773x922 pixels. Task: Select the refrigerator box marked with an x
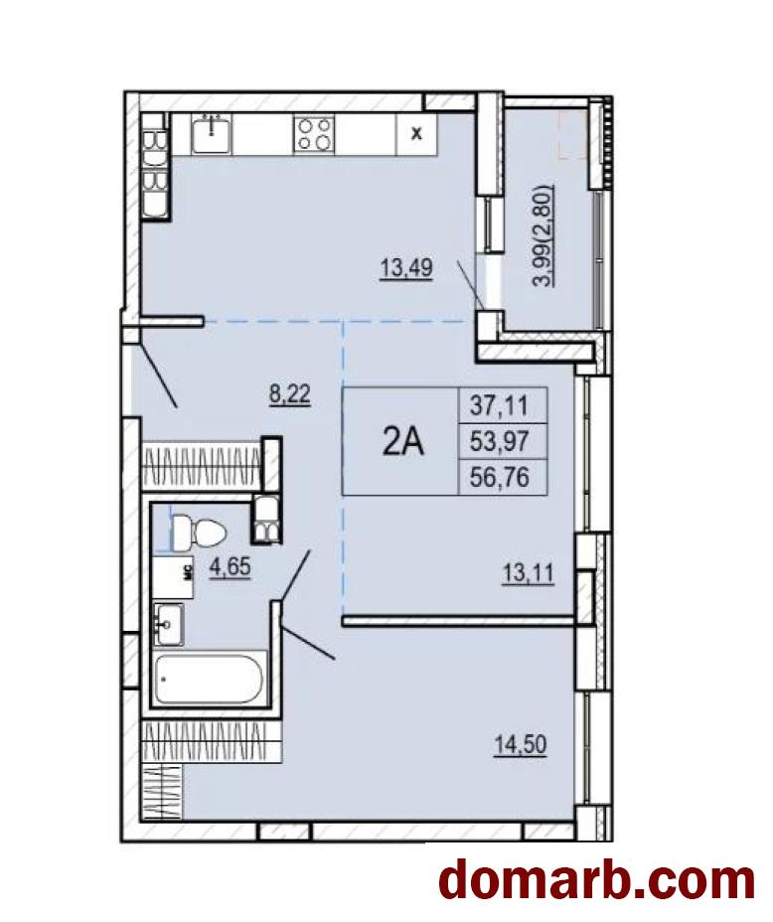[x=416, y=134]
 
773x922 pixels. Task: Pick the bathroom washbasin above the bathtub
[x=168, y=624]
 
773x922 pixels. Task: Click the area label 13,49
[x=406, y=268]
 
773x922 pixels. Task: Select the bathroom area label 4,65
[x=231, y=567]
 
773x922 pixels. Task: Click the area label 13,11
[x=528, y=572]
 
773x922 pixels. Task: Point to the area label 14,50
[x=521, y=745]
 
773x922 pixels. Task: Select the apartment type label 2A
[x=402, y=442]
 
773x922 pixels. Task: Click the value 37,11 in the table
[x=499, y=404]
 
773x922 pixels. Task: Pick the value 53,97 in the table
[x=499, y=440]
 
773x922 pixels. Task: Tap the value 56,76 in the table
[x=499, y=477]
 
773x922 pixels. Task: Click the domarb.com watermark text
[x=597, y=880]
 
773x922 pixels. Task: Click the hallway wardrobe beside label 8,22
[x=203, y=467]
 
